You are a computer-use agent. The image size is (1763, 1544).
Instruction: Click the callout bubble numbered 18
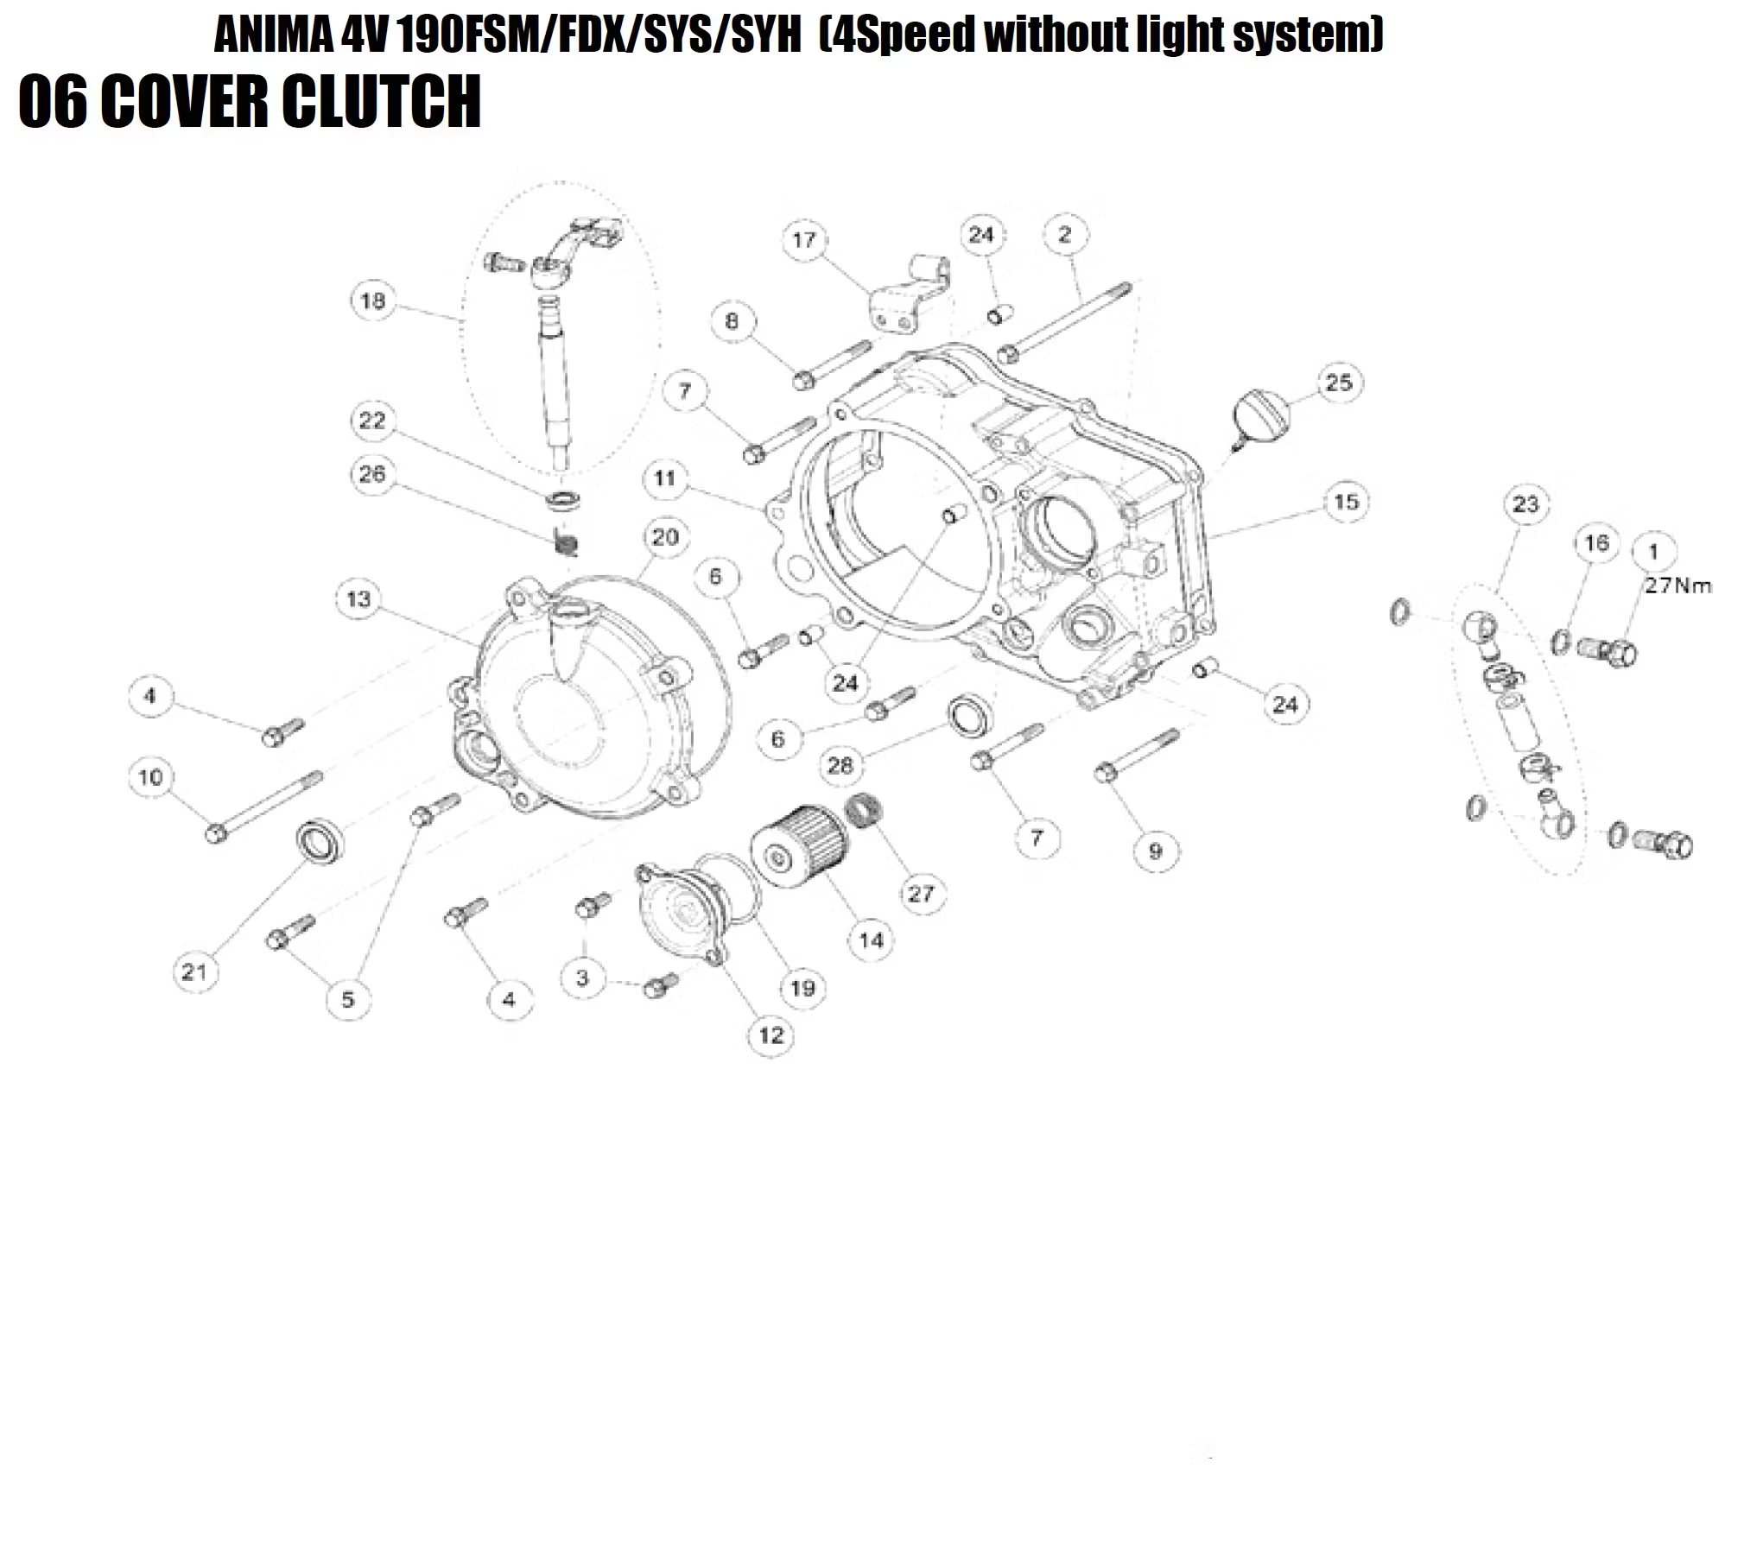(372, 301)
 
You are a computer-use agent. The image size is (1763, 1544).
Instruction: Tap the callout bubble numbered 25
(1338, 383)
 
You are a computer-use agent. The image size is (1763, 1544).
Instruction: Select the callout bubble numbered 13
(358, 599)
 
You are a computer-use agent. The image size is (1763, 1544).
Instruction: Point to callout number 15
(1346, 502)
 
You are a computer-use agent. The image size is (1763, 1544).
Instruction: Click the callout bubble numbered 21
(194, 972)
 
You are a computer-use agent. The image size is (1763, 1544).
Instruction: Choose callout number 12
(771, 1035)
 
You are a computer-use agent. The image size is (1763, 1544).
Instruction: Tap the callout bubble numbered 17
(804, 240)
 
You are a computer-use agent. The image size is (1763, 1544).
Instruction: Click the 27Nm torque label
(1677, 586)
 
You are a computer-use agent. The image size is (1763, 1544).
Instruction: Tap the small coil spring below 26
(566, 543)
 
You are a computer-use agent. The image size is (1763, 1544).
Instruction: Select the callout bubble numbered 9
(1156, 851)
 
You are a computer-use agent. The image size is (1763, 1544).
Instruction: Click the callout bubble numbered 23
(1525, 504)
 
